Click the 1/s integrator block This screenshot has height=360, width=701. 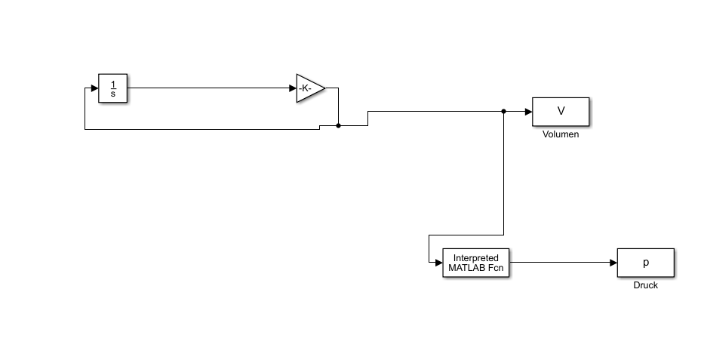(112, 88)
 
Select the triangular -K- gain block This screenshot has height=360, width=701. (309, 88)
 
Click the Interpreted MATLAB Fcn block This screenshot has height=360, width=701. (475, 263)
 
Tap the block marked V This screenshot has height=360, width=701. (561, 112)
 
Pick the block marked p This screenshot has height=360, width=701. (646, 263)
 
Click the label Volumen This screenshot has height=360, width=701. (561, 134)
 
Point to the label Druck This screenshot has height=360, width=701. (646, 285)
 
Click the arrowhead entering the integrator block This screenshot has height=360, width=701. (95, 88)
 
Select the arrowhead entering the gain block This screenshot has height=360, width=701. (293, 88)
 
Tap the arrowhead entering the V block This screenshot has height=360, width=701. (528, 112)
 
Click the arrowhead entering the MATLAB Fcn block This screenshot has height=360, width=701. (439, 263)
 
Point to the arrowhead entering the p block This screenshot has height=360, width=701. (613, 263)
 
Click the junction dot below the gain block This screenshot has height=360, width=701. (339, 126)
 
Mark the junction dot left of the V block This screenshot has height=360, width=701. (504, 112)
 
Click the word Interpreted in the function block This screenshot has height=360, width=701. (475, 258)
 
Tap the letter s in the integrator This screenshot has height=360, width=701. (113, 94)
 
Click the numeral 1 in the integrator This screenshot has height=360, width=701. (113, 84)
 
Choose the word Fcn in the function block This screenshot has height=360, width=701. (496, 267)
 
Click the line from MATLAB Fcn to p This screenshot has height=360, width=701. (563, 263)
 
